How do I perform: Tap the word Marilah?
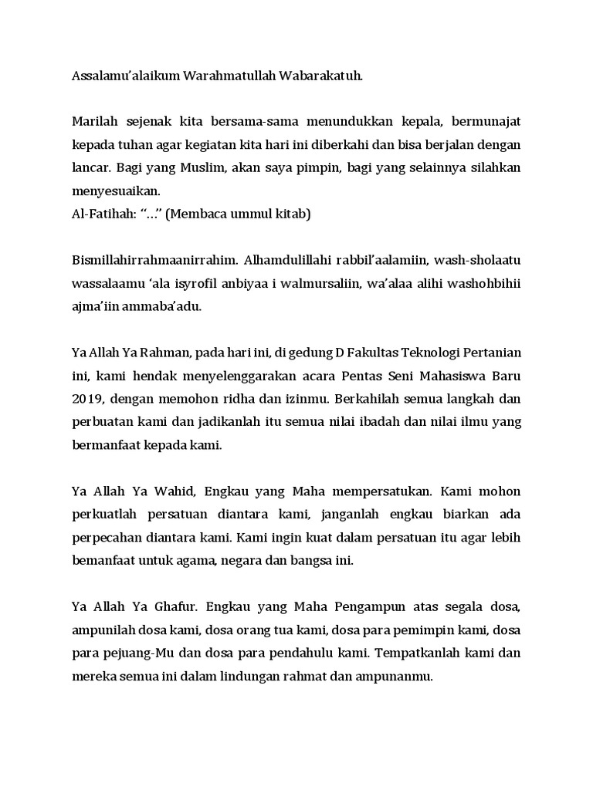[x=97, y=121]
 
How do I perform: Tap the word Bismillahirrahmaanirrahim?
[x=151, y=260]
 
